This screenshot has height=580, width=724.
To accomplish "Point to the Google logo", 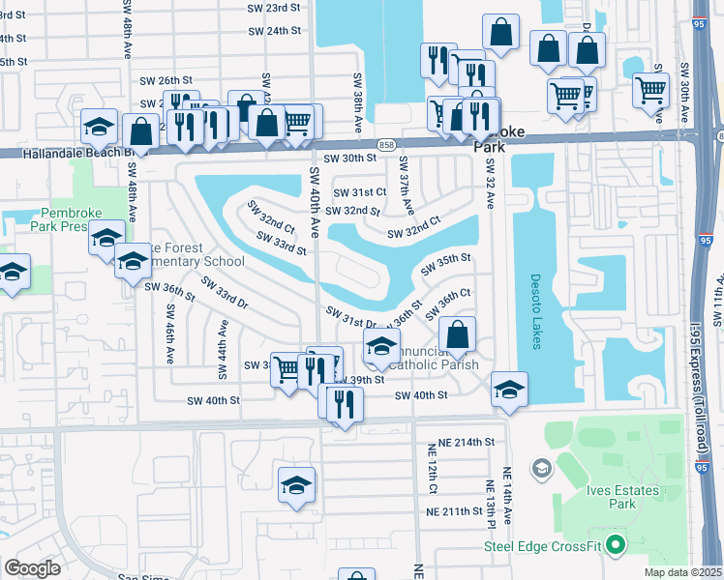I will pos(32,568).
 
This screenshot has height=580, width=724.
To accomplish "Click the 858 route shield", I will pos(386,142).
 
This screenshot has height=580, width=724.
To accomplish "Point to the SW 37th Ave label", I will pos(407,186).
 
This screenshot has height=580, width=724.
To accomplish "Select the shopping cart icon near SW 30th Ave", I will pos(651,91).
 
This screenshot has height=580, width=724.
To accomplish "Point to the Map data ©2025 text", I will pos(683,572).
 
